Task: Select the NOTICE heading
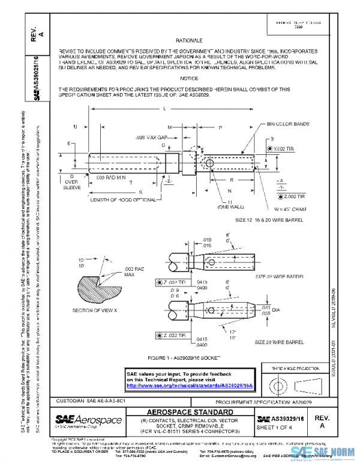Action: (189, 79)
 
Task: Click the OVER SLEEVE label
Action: (71, 183)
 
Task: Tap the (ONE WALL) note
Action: (230, 207)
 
